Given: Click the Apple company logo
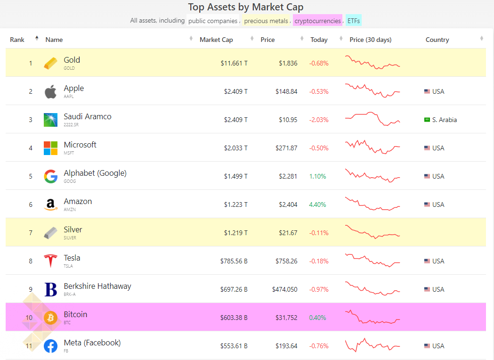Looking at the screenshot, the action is tap(50, 91).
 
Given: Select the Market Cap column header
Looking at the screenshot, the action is tap(216, 40).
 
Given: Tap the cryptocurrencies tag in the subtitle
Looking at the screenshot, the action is tap(317, 21).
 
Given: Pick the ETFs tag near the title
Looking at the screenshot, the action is tap(354, 21).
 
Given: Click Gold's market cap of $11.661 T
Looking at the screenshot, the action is tap(234, 63).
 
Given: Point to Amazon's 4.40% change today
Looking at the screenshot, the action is tap(317, 205).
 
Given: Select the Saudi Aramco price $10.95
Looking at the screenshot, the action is tap(288, 120).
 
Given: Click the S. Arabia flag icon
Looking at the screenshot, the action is tap(427, 120).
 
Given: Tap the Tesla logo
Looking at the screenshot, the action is tap(50, 261).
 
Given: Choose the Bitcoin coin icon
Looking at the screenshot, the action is tap(50, 318).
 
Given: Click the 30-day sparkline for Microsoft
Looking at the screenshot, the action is tap(373, 147).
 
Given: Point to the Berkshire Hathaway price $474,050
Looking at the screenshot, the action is tap(285, 289).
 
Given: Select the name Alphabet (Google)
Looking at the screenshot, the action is tap(95, 173).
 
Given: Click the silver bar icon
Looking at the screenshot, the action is tap(50, 233).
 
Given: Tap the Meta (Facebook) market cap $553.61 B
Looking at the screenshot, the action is tap(234, 346).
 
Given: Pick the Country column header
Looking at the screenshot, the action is tap(437, 40).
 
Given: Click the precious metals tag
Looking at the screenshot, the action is tap(266, 21).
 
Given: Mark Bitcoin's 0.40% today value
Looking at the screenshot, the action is tap(317, 318).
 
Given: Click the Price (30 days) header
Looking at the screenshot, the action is tap(371, 40).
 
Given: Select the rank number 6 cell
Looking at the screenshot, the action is tap(31, 205).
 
